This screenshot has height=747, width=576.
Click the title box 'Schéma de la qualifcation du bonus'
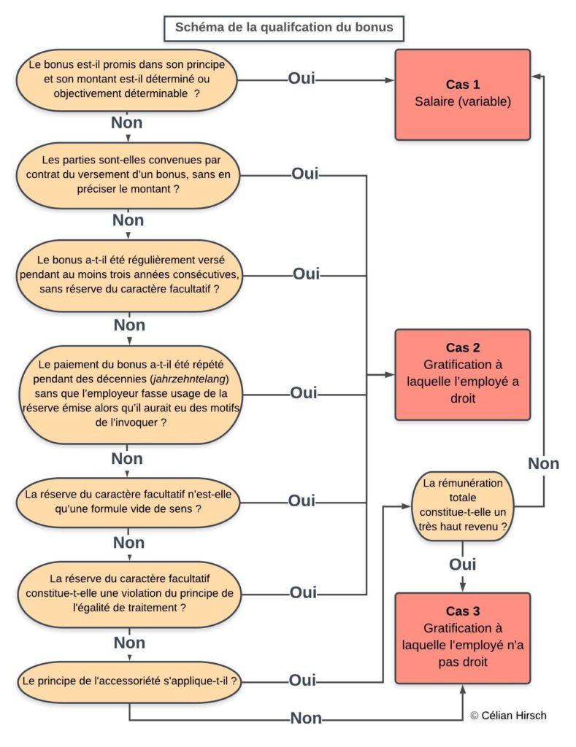tap(284, 28)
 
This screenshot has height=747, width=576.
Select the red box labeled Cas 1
tap(463, 94)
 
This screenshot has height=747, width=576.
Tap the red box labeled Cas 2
tap(463, 374)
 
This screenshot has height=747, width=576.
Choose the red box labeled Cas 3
tap(463, 638)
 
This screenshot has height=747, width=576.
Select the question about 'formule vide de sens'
tap(128, 502)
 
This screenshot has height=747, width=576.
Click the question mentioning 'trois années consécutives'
tap(130, 275)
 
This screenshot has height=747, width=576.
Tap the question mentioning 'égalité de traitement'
tap(129, 594)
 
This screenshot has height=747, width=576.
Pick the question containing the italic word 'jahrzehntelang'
tap(131, 395)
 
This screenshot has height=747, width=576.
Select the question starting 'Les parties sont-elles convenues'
tap(128, 175)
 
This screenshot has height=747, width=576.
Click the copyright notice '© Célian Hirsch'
tap(508, 716)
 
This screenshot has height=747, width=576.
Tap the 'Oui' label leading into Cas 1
tap(302, 79)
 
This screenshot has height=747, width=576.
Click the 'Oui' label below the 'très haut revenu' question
tap(463, 565)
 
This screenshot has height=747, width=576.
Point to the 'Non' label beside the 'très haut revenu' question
tap(544, 463)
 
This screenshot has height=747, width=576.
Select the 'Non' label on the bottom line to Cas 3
tap(306, 718)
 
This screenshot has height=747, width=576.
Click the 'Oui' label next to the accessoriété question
tap(302, 681)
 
